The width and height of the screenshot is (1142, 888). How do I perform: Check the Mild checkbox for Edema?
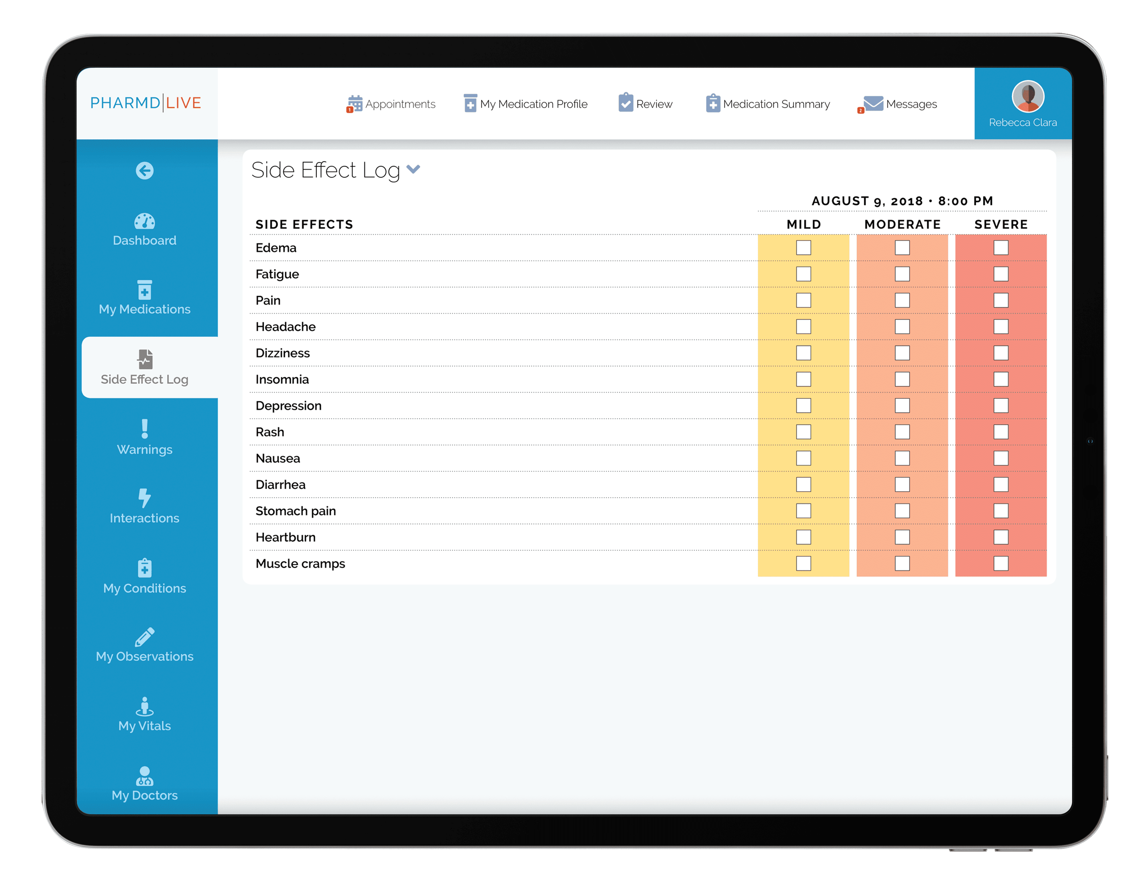(803, 247)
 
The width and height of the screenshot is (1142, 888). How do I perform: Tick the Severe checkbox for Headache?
(1000, 326)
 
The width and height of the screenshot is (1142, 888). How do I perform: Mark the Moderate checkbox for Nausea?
(902, 458)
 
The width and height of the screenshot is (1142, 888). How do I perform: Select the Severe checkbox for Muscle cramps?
(1000, 563)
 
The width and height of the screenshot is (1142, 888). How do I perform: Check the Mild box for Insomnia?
(803, 379)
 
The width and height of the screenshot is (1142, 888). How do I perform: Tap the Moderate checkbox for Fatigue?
(902, 274)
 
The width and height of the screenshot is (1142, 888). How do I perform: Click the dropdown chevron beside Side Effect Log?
(413, 169)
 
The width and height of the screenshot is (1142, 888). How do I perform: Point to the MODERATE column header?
(902, 224)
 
